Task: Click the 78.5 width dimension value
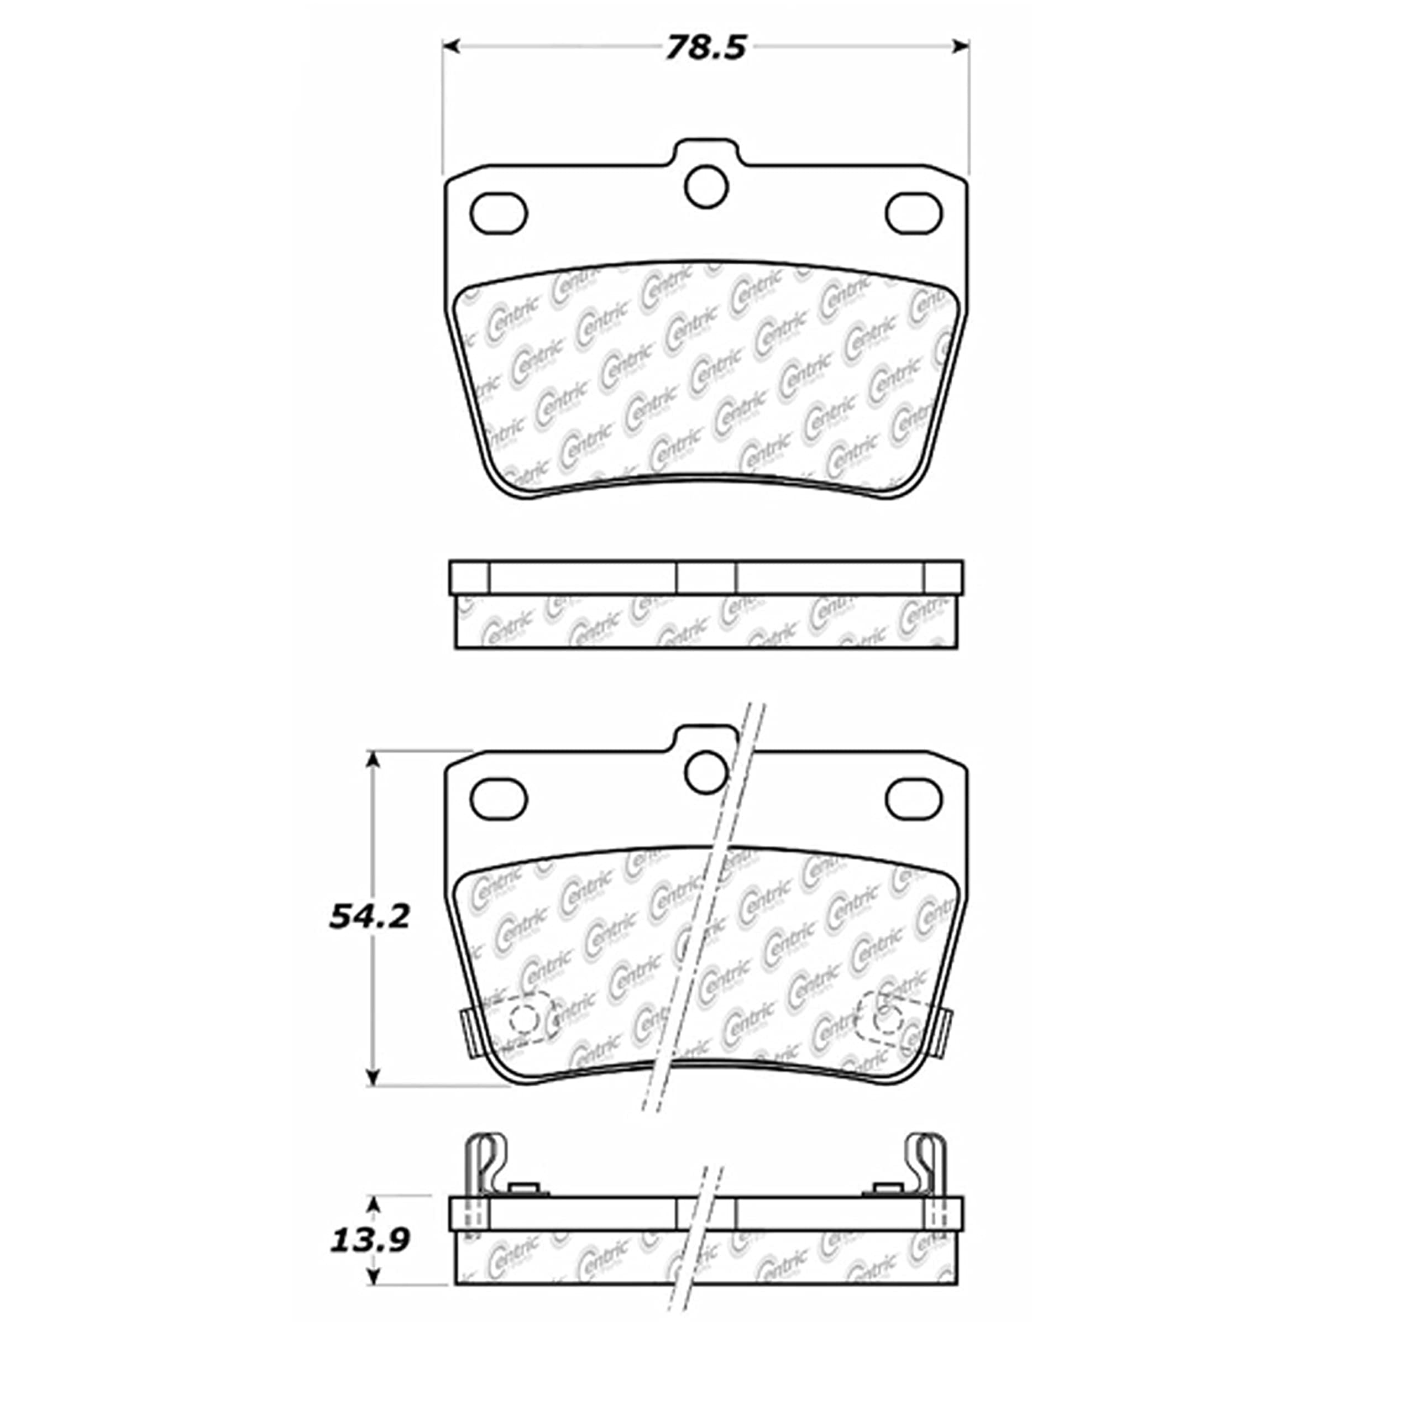[705, 48]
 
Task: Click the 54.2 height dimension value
[369, 916]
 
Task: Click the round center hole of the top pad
[706, 186]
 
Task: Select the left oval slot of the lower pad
[499, 798]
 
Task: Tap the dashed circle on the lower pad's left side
[525, 1018]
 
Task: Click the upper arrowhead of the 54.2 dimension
[374, 759]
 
